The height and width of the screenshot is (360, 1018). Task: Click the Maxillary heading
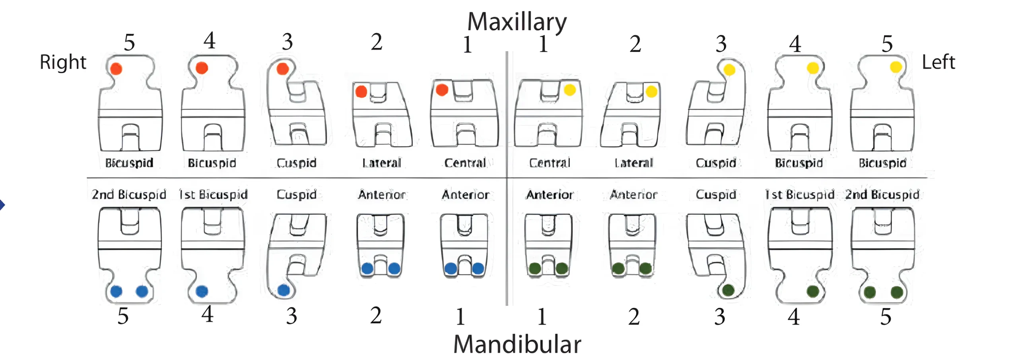(x=517, y=22)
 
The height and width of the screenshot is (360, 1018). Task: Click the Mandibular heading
(x=517, y=344)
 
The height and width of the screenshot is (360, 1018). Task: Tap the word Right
(x=63, y=62)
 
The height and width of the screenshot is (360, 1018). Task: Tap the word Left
(x=938, y=62)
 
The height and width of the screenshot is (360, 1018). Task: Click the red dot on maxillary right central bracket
(x=442, y=90)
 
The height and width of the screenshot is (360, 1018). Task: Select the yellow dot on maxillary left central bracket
(x=570, y=90)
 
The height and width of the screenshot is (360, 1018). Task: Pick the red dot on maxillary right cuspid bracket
(x=283, y=68)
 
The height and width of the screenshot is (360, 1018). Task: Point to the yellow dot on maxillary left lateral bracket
(x=651, y=92)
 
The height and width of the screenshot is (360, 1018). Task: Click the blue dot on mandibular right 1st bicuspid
(x=202, y=291)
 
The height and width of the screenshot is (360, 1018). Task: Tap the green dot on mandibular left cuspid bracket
(x=728, y=290)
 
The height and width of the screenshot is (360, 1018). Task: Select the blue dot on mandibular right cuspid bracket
(x=284, y=290)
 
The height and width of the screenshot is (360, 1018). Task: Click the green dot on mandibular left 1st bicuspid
(x=813, y=291)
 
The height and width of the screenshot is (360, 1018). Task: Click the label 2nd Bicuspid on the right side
(x=129, y=195)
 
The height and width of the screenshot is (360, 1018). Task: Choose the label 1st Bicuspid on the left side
(x=800, y=195)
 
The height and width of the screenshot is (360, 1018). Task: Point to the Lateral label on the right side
(x=382, y=163)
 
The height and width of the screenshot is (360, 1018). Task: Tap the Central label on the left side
(x=550, y=163)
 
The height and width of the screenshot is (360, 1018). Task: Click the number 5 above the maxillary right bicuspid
(x=129, y=42)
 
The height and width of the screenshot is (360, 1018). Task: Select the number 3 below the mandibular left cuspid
(x=720, y=317)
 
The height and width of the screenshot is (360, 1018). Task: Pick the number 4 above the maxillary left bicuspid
(x=795, y=44)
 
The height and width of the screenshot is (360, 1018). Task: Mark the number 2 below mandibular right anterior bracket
(x=376, y=316)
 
